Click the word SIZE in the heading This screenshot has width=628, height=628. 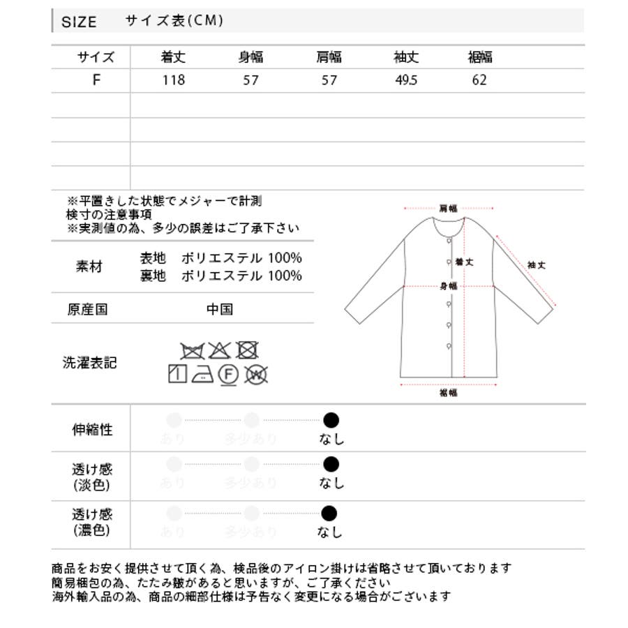click(79, 22)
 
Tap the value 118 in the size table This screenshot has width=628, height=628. click(173, 80)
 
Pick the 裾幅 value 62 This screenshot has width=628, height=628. click(479, 80)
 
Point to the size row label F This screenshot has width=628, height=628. click(96, 80)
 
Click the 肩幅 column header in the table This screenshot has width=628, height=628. click(329, 57)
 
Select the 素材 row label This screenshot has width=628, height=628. click(89, 267)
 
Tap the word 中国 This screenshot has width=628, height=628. click(220, 309)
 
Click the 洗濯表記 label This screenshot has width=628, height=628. click(90, 363)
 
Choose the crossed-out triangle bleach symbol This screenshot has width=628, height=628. click(219, 350)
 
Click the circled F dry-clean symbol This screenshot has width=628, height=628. click(227, 375)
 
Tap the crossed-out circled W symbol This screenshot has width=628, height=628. click(256, 375)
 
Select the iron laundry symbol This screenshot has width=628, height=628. click(202, 375)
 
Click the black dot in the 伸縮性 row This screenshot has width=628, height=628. click(331, 420)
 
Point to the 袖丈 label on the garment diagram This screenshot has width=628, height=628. click(536, 265)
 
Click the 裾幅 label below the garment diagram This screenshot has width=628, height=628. click(449, 393)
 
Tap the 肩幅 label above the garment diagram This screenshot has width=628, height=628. click(448, 208)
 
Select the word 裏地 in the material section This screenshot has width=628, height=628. click(153, 276)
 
